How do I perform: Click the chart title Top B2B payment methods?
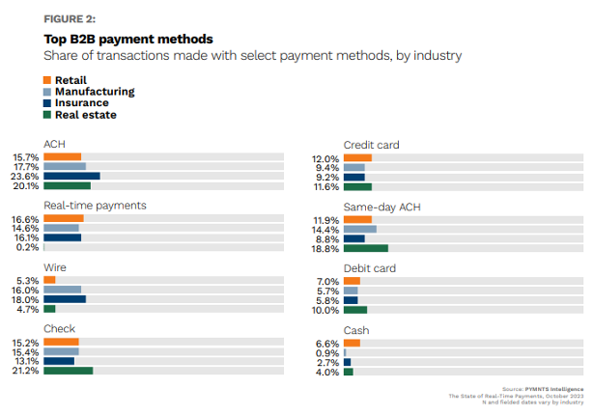(x=128, y=39)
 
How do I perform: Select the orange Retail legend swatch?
(x=48, y=79)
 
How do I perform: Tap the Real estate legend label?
(x=86, y=115)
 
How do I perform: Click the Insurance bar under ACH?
(x=71, y=177)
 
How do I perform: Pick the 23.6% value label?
(x=26, y=177)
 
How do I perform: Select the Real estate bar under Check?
(x=69, y=370)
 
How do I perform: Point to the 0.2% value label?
(x=28, y=247)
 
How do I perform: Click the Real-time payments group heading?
(x=95, y=206)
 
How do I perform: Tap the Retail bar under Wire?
(x=49, y=280)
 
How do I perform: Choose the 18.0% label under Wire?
(x=26, y=299)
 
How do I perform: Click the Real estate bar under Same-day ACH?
(x=366, y=248)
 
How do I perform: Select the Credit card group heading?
(x=371, y=145)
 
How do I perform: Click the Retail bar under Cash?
(x=352, y=343)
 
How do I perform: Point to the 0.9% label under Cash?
(x=328, y=352)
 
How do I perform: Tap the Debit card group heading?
(x=370, y=268)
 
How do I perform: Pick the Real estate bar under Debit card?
(x=355, y=310)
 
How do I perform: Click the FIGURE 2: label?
(x=71, y=17)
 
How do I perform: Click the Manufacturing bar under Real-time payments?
(x=61, y=228)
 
